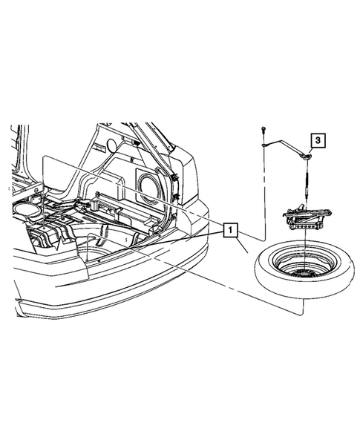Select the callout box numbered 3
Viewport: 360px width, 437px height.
tap(317, 140)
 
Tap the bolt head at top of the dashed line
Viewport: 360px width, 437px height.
tap(264, 130)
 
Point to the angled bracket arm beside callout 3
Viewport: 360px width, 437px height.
tap(285, 151)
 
